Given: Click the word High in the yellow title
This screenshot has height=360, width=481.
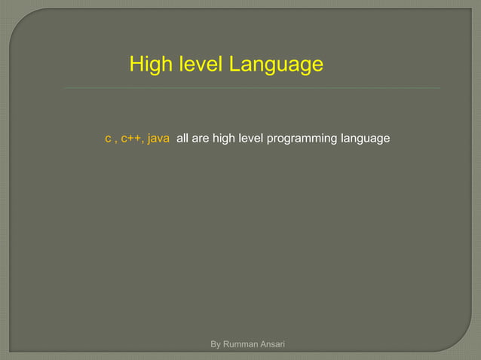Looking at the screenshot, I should point(149,65).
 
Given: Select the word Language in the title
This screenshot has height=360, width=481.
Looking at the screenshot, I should point(276,66).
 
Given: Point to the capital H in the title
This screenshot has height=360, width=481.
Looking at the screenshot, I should point(136,65).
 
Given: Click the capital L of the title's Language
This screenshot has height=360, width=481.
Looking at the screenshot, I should point(234,65).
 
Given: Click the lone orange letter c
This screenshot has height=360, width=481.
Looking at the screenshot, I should point(107,139).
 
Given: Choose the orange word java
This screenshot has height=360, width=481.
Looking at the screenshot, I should point(158,139).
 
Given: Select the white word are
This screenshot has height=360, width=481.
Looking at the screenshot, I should point(201,139).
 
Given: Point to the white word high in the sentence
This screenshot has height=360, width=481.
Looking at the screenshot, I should point(224,139).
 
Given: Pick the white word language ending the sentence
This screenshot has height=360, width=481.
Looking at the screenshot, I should point(365,139).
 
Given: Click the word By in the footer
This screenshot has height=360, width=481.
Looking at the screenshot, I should point(216,345).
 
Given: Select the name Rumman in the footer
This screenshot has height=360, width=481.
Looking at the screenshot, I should point(240,345).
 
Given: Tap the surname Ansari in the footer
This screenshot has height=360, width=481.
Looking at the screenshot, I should point(272,345).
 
